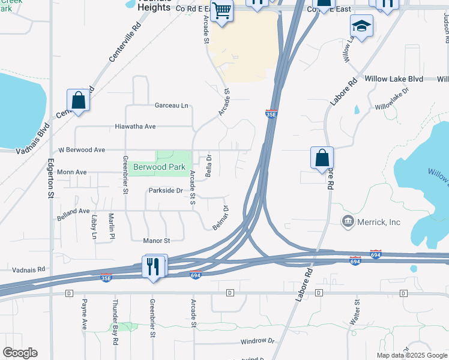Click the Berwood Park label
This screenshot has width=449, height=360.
click(159, 167)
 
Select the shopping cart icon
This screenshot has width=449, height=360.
click(221, 11)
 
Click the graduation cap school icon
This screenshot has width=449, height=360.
click(362, 26)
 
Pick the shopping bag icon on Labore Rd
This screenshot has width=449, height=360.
click(322, 158)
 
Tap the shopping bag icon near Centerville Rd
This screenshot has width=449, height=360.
click(79, 100)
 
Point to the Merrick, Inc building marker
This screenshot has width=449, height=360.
click(347, 222)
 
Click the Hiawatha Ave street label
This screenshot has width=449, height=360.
click(136, 127)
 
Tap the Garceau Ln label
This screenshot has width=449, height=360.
click(172, 105)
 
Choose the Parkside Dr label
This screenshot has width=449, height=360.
click(166, 190)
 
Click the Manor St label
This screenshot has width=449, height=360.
click(157, 241)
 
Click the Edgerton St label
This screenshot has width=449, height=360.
click(50, 178)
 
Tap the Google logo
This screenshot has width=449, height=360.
click(20, 353)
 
